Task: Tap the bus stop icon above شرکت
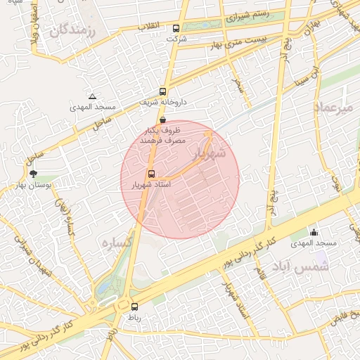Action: (x=176, y=29)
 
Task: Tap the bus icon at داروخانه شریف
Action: (x=163, y=91)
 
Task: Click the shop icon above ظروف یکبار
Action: (x=163, y=120)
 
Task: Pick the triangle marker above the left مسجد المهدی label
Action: (x=92, y=96)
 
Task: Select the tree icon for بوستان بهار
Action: (x=32, y=173)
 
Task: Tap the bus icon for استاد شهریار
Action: (x=150, y=174)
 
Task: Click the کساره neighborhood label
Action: (x=117, y=243)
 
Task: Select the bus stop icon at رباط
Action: (x=134, y=306)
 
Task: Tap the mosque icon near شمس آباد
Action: (x=314, y=233)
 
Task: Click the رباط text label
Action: (x=134, y=318)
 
